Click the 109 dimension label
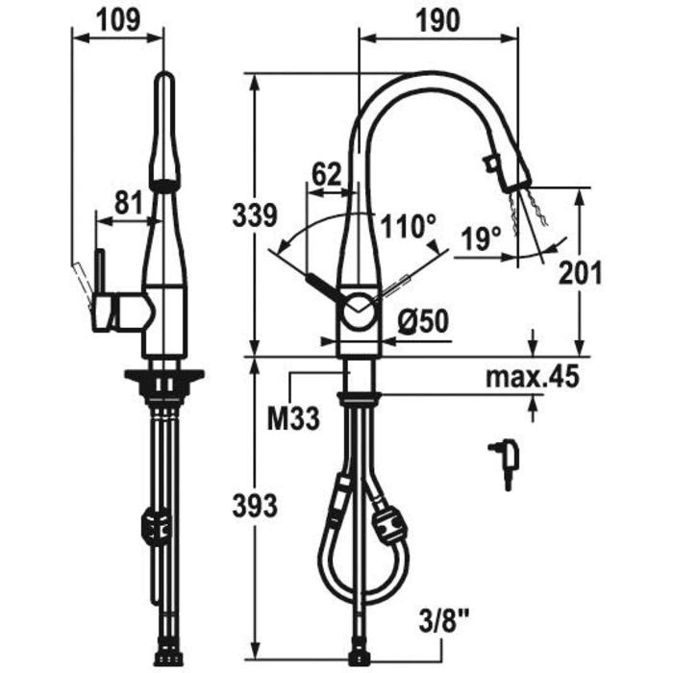click(118, 20)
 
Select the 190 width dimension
click(438, 20)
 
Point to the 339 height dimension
click(255, 215)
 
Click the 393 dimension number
click(255, 506)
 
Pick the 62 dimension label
click(327, 174)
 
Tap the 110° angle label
click(409, 226)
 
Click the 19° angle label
click(481, 239)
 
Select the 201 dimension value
click(581, 273)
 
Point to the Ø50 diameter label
click(423, 321)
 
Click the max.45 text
click(533, 377)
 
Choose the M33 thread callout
click(293, 418)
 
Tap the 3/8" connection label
click(443, 622)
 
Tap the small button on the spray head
click(490, 163)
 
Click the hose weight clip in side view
click(155, 525)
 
